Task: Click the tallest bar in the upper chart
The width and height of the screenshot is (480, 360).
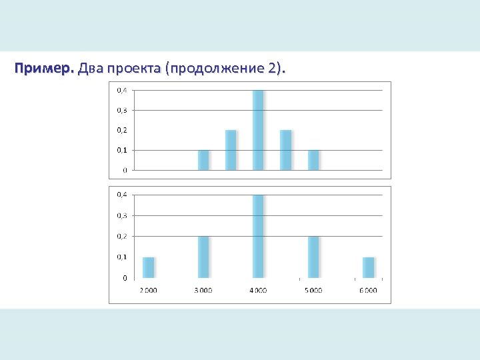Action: pos(259,130)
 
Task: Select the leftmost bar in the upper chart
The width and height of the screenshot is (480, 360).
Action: pos(204,160)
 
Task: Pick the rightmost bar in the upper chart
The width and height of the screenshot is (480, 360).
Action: pos(313,160)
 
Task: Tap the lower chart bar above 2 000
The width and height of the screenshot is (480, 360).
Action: pos(149,267)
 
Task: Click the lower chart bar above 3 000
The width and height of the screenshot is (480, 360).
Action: pos(204,257)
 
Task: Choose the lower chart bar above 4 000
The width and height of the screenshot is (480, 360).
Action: pos(259,236)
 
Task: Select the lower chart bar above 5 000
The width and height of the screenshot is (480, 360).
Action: pos(313,257)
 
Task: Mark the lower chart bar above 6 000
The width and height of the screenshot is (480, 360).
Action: pos(368,267)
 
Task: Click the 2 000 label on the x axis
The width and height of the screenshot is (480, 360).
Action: pos(148,290)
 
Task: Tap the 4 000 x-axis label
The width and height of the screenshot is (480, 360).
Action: pos(258,290)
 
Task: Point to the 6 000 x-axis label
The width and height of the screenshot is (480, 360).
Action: pos(368,290)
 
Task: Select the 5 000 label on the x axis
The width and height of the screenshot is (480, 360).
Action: pos(313,290)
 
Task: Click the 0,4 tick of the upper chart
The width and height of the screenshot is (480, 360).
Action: pos(123,89)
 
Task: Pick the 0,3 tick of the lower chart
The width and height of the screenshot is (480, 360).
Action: pos(123,215)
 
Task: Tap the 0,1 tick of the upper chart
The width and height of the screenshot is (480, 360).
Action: pos(123,150)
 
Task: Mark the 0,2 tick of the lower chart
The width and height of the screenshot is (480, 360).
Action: pos(123,236)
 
